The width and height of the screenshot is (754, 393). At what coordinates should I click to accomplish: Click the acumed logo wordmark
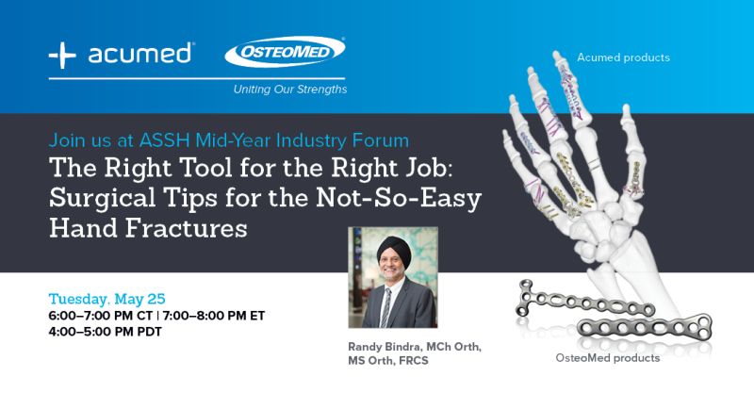point(139,54)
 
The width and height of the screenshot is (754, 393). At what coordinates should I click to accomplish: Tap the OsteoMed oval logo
point(285,52)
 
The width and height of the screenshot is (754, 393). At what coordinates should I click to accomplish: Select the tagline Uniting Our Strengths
point(290,90)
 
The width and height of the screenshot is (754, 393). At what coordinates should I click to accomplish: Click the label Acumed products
point(623,57)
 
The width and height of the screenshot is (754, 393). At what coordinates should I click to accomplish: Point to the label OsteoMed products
point(607,358)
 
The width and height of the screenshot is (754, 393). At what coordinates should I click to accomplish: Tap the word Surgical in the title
point(102,198)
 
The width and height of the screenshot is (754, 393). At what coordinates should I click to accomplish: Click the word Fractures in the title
point(186,228)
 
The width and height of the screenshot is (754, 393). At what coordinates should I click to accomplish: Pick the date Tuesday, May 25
point(107,299)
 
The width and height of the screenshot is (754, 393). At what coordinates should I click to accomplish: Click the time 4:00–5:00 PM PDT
point(105,332)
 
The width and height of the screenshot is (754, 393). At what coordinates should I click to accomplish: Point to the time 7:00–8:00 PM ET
point(214,316)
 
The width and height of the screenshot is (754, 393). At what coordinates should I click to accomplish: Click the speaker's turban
point(394,250)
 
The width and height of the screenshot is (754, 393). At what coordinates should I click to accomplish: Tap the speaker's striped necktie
point(385,307)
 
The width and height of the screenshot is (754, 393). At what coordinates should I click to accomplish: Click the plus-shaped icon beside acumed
point(62,55)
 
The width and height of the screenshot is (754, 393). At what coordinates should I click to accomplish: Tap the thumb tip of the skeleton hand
point(626,108)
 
